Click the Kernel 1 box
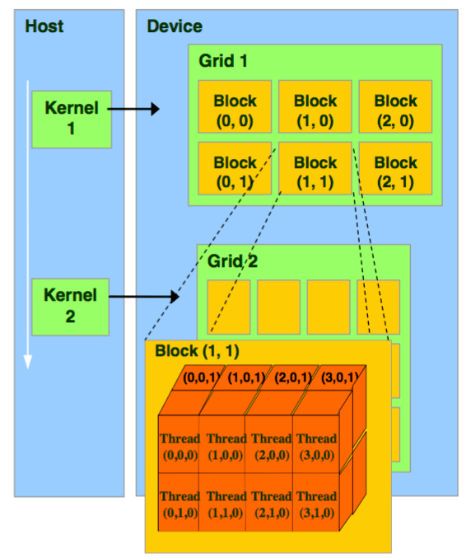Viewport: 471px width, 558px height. [x=71, y=119]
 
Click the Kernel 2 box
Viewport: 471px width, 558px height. [x=71, y=306]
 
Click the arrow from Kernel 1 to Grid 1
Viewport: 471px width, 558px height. [x=134, y=109]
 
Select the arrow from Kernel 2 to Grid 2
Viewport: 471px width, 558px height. [x=144, y=295]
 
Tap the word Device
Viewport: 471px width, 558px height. [x=175, y=27]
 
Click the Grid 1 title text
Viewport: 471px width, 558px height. [x=223, y=61]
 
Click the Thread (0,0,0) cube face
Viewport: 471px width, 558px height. [x=180, y=446]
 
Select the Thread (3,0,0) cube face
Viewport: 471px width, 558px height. [x=316, y=446]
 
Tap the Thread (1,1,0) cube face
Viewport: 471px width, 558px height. [x=226, y=504]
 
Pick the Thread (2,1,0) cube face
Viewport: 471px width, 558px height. [x=271, y=504]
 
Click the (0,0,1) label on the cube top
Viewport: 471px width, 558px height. [x=201, y=378]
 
